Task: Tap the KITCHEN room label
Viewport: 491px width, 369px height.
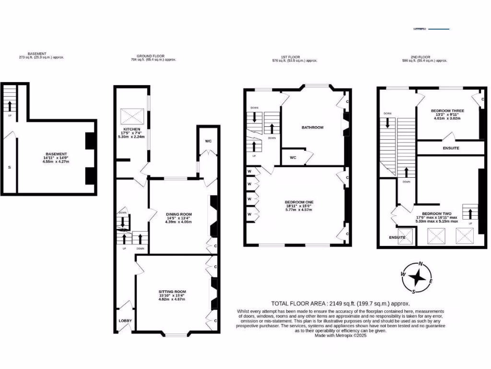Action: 131,130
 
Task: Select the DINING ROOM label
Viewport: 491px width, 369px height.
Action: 178,214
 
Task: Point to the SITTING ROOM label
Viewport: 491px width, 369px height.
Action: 172,292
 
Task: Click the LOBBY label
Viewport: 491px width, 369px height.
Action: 125,320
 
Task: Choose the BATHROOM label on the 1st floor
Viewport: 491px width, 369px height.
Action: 312,128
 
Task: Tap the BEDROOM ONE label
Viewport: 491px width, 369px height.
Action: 298,202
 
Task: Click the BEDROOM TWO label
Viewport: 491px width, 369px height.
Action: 436,214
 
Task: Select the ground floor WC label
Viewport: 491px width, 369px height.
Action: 208,141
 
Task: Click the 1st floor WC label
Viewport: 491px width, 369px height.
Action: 292,157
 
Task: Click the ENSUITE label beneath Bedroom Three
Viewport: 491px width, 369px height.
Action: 450,148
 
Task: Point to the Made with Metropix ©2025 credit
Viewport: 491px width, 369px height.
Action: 340,335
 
